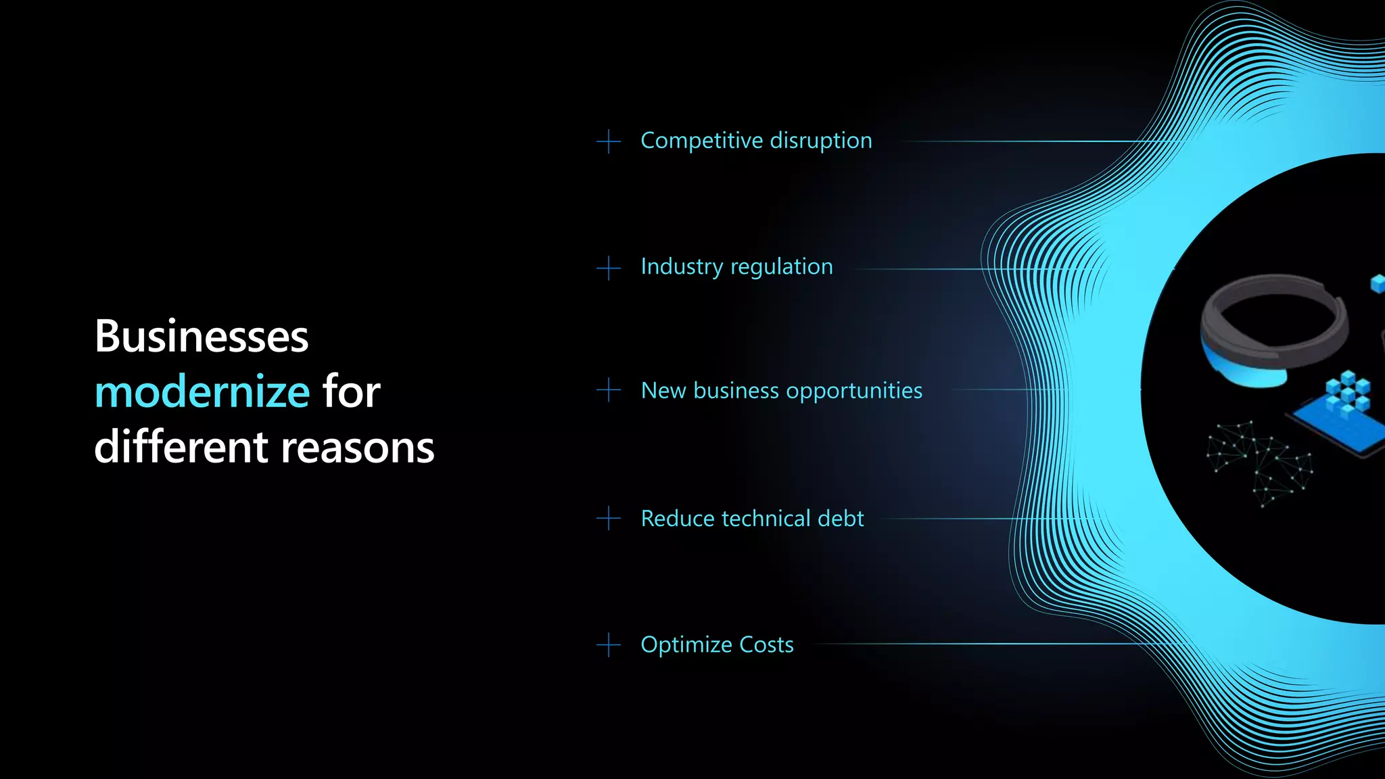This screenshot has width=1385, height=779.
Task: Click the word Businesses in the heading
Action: [202, 337]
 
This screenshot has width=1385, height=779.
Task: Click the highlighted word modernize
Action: [202, 392]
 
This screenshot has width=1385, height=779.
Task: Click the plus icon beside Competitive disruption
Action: [609, 141]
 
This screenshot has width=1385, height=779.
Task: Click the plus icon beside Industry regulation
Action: [609, 268]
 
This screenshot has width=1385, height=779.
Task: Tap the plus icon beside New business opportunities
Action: [609, 389]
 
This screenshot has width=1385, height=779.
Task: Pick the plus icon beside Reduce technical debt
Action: [609, 519]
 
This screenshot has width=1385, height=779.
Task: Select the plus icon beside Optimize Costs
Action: [609, 644]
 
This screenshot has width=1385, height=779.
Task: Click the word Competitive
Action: [701, 141]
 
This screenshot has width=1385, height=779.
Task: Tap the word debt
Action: [841, 519]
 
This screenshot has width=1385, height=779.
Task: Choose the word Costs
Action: [766, 644]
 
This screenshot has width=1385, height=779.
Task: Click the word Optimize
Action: [686, 644]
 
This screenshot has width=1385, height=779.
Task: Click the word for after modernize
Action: [351, 392]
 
